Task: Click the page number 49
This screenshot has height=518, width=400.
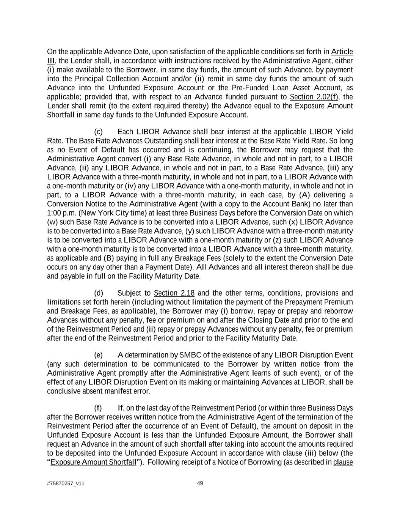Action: (200, 483)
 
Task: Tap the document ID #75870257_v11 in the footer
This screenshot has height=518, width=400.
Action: (66, 483)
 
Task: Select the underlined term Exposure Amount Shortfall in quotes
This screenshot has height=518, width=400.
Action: (93, 462)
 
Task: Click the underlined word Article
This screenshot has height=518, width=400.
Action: (342, 52)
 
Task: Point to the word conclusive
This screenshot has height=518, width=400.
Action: (64, 391)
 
